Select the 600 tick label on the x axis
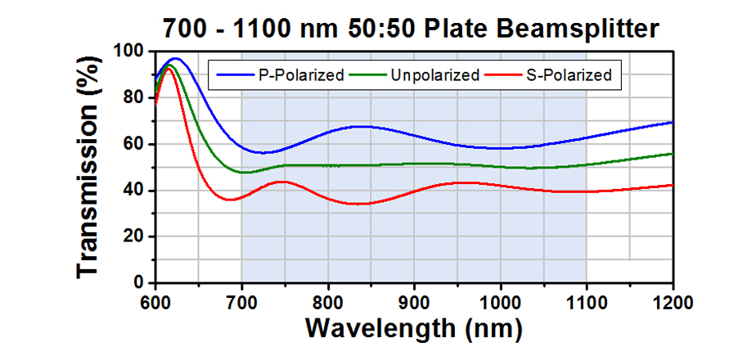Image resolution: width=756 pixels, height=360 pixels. coord(155,299)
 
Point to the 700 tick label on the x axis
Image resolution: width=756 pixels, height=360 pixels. coord(241,299)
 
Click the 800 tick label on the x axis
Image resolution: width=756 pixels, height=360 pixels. coord(327,299)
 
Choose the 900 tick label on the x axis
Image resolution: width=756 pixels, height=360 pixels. coord(414,299)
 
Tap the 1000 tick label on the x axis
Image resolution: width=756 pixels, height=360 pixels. coord(500,299)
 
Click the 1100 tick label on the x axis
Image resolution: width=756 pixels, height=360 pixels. coord(587,299)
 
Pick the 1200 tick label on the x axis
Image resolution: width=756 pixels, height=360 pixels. coord(673,299)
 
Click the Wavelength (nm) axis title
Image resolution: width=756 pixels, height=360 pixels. coord(413,328)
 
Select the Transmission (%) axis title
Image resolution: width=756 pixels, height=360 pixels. coord(92,167)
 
